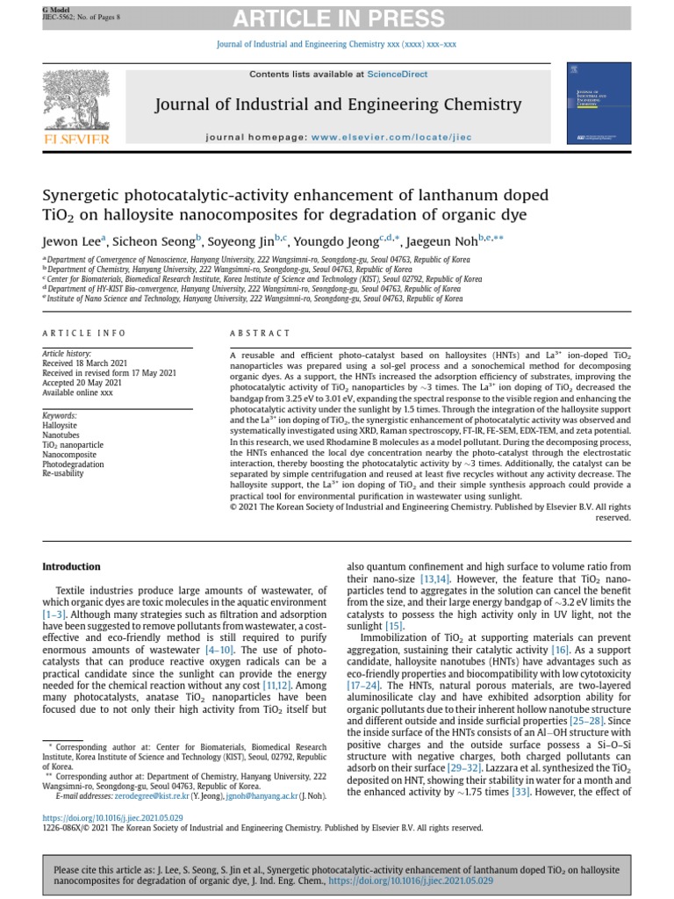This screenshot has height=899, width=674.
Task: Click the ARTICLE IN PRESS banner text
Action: pos(337,18)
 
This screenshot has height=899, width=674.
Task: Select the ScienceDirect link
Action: pos(398,75)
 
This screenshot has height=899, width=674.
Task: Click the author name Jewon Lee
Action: pos(74,241)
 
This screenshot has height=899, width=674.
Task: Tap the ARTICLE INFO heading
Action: pos(84,334)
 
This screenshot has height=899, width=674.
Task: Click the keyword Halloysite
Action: pos(60,425)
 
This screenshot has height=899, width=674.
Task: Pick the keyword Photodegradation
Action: pos(74,463)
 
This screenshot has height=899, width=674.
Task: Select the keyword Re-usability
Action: pos(64,472)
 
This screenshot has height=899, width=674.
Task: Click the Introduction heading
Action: pos(71,567)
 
